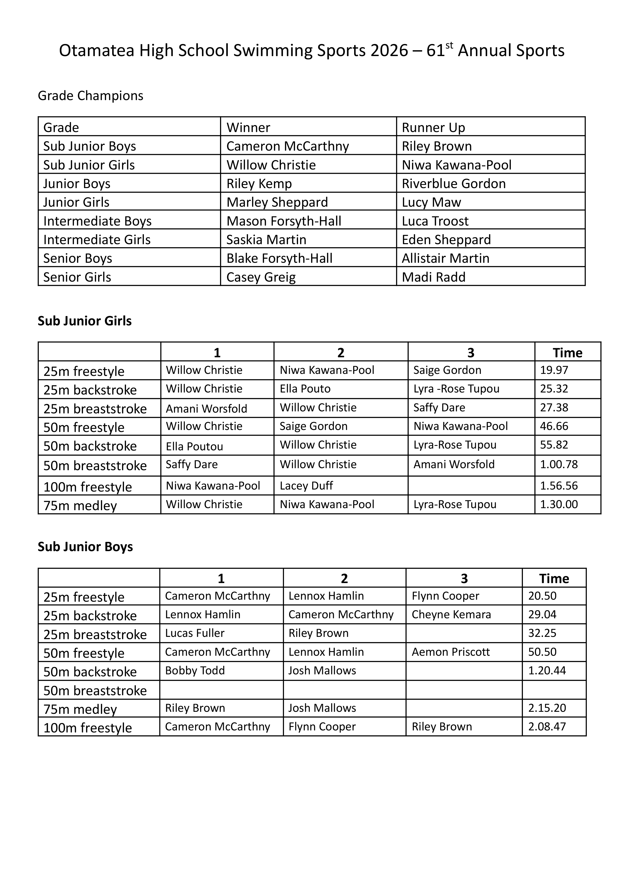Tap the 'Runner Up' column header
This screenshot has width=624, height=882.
click(433, 127)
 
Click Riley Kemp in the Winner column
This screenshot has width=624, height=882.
click(259, 184)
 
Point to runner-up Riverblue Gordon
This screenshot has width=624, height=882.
click(453, 184)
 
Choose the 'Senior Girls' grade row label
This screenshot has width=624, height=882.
click(77, 277)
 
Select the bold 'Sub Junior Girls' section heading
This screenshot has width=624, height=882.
click(85, 321)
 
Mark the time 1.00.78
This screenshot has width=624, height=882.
click(559, 464)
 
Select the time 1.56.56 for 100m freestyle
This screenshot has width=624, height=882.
click(559, 486)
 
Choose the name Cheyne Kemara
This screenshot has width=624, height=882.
click(451, 615)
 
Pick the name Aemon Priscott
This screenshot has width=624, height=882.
click(451, 652)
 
